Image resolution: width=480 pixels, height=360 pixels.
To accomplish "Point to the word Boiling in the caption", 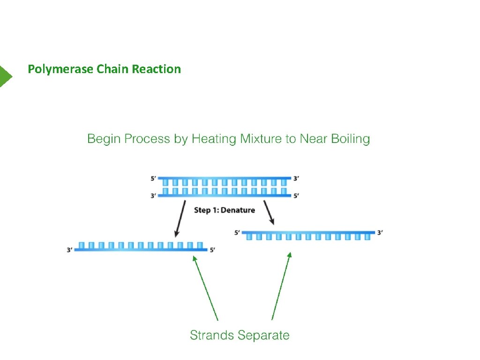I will click(x=350, y=139).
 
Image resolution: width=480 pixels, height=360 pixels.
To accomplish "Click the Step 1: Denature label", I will click(x=225, y=210).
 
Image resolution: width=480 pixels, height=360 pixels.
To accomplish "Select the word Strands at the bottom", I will click(x=212, y=335).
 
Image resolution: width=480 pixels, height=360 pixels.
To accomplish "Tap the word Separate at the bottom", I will click(x=263, y=335).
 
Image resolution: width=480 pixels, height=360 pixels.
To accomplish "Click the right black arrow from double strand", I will click(x=269, y=213).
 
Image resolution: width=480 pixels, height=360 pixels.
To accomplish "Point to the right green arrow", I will click(x=281, y=286).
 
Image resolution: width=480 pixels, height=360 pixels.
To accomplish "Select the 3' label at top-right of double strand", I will click(x=296, y=179).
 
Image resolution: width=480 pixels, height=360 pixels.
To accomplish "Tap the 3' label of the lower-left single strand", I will click(x=70, y=250).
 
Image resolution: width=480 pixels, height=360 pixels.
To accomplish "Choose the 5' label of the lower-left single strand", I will click(x=212, y=250).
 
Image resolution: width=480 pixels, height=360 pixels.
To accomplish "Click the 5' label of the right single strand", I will click(x=237, y=232).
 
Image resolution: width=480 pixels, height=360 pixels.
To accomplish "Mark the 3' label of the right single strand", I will click(x=380, y=232).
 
